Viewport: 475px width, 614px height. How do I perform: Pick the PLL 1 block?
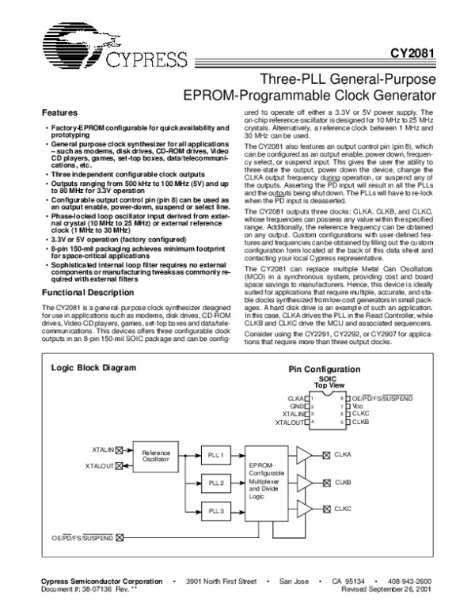(216, 456)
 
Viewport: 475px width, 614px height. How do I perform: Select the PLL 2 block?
(216, 482)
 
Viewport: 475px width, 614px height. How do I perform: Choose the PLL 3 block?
(216, 510)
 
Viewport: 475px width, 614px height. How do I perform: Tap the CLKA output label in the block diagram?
(343, 454)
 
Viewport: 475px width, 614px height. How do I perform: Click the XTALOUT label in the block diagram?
(100, 466)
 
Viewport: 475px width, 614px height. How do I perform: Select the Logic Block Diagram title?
(83, 369)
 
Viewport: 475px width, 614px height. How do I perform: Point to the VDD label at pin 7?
(357, 405)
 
